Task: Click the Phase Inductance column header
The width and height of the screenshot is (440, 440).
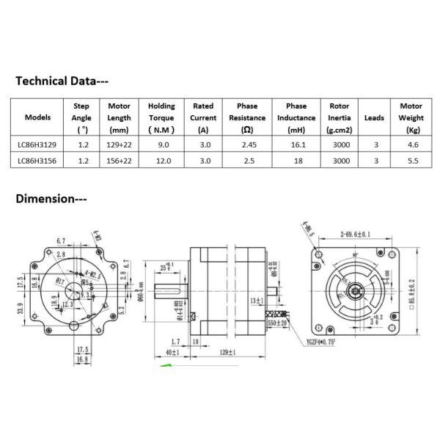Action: [x=296, y=117]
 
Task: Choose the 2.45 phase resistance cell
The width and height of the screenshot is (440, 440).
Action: [x=247, y=145]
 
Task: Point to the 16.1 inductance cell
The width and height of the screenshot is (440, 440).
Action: [x=296, y=145]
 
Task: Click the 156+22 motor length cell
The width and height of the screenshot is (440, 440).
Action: [x=118, y=161]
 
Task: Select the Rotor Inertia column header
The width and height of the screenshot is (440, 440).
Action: [x=340, y=117]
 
